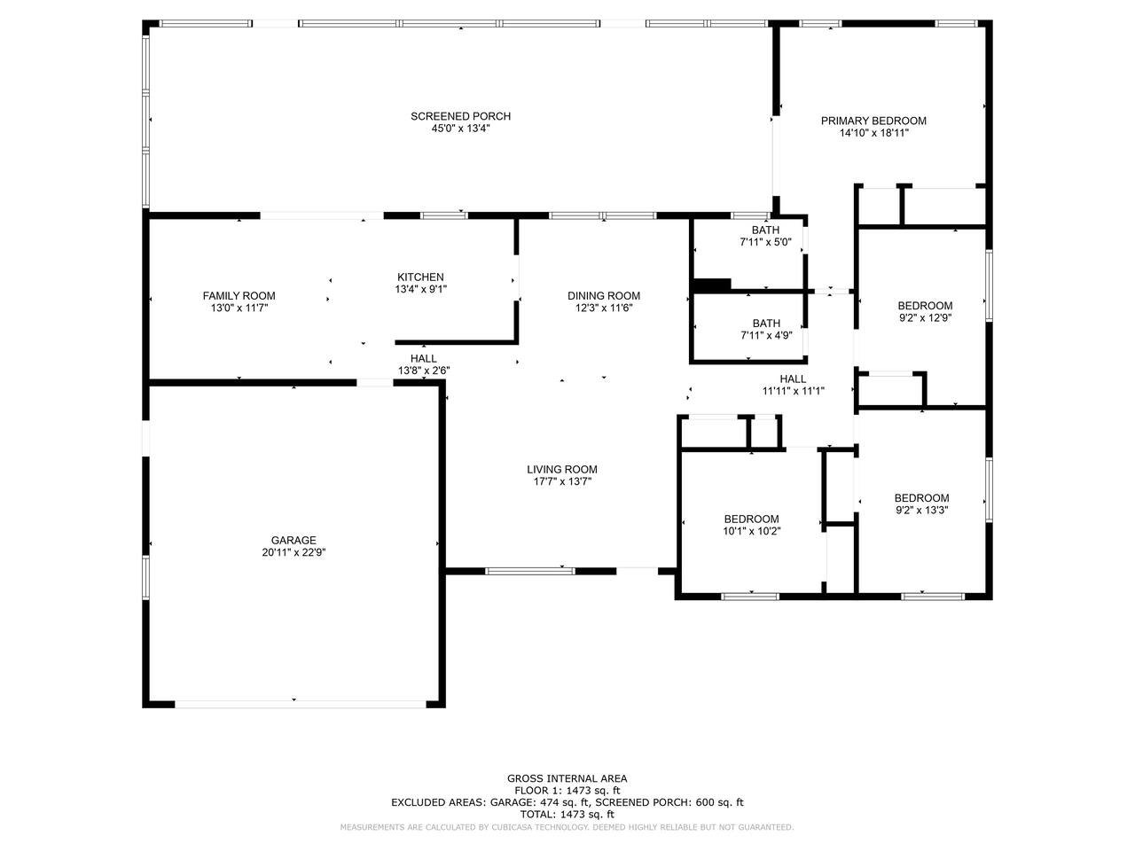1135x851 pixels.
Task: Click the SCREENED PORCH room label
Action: click(460, 116)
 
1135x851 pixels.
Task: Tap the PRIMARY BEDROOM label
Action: click(873, 121)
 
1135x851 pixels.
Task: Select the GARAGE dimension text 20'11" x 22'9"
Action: click(294, 552)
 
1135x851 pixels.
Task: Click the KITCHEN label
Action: click(420, 277)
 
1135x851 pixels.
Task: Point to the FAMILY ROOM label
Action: click(239, 296)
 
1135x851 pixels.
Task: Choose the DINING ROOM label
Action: click(604, 296)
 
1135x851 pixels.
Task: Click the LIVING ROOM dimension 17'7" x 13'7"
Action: click(562, 482)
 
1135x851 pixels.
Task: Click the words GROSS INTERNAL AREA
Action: click(567, 778)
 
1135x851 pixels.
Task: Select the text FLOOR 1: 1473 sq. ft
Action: click(567, 791)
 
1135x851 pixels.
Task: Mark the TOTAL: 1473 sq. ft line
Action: click(567, 815)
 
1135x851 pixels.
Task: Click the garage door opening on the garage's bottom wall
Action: click(301, 704)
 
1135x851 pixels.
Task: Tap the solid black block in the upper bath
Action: click(711, 285)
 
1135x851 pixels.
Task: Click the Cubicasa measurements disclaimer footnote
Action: click(567, 827)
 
